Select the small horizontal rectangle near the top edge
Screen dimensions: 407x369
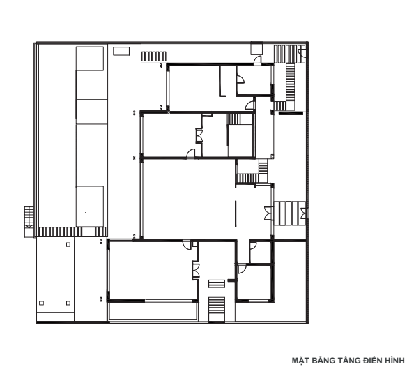[121, 51]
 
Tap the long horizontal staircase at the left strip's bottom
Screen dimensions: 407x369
[72, 232]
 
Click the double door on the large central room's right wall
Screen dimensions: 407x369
[269, 213]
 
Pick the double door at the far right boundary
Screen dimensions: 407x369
[304, 213]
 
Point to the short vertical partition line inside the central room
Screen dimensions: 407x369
[236, 213]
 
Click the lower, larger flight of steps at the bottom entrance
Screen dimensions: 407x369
[217, 310]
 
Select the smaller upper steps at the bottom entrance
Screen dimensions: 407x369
[217, 284]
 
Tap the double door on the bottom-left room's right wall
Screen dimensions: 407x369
[197, 270]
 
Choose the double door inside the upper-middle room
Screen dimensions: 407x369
[199, 136]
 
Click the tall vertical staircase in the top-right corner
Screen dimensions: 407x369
[291, 82]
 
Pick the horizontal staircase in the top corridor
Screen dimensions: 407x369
[153, 57]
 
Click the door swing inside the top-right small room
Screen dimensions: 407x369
[240, 79]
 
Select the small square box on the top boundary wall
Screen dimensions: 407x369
[256, 49]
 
